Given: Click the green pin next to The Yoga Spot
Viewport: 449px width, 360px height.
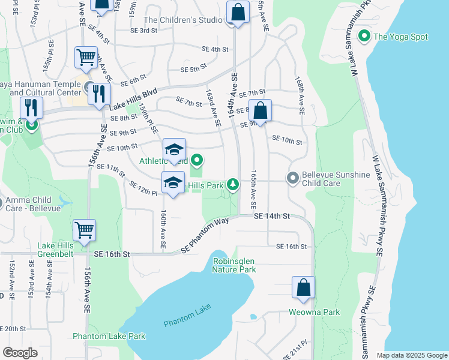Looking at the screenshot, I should (363, 37).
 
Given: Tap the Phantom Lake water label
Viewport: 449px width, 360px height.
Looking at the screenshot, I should (187, 316).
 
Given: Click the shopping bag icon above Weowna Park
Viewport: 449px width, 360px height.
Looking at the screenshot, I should (304, 287).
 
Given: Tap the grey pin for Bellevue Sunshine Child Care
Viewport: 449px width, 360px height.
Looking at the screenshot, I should (292, 178).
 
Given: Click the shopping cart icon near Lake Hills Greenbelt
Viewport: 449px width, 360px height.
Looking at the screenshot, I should (85, 230).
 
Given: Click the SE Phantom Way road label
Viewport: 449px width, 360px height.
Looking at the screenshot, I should (205, 235).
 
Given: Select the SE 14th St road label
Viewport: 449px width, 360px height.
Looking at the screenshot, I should (271, 215).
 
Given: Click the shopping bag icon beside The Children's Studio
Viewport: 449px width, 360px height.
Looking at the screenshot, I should (238, 12).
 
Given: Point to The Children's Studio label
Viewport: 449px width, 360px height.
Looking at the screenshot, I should (183, 20).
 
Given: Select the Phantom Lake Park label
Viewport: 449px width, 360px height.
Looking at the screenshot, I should (109, 336).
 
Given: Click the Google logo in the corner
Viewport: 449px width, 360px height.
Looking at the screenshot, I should (20, 352).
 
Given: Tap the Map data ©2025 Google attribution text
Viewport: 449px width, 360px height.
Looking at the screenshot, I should (411, 355).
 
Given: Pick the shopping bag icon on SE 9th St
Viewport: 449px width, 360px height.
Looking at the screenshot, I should (260, 111).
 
